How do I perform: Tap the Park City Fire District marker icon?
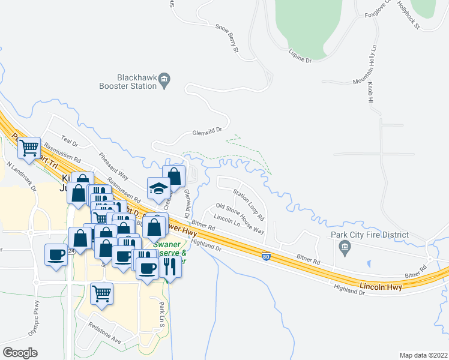(x=345, y=247)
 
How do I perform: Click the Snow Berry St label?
(x=227, y=39)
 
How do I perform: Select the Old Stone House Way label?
(x=240, y=219)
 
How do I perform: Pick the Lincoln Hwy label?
(x=382, y=284)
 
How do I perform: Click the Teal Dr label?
(x=69, y=142)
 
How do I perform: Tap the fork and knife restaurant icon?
(x=170, y=266)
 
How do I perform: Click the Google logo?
(x=20, y=352)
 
